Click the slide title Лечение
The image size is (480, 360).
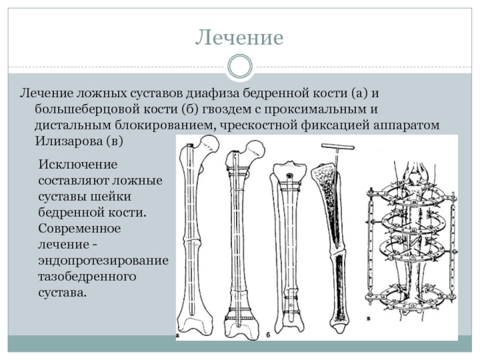click(x=239, y=37)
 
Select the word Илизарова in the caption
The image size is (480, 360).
click(x=68, y=141)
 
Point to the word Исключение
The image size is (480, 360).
click(x=78, y=164)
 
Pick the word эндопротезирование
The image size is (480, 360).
click(x=103, y=261)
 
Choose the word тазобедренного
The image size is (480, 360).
click(x=87, y=277)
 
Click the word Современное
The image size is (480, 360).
click(x=80, y=229)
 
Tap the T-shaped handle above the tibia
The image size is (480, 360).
click(x=338, y=147)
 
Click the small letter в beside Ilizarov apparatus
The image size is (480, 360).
click(x=368, y=319)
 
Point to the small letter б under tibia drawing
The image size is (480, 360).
click(x=268, y=335)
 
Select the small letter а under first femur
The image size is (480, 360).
click(x=178, y=335)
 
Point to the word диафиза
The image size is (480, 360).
click(x=213, y=94)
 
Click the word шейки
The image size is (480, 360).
click(x=110, y=197)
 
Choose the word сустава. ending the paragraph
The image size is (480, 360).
click(x=63, y=293)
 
